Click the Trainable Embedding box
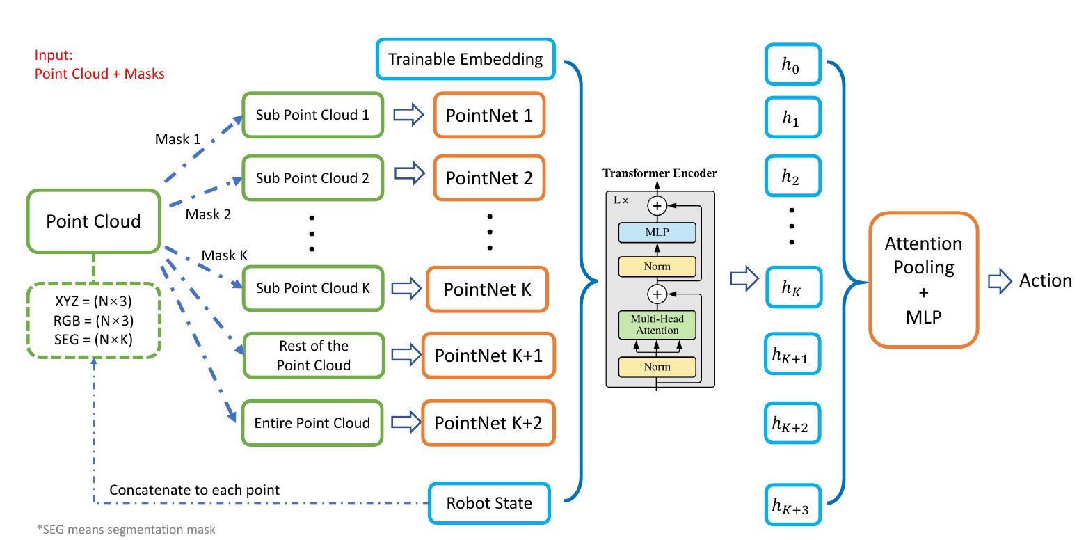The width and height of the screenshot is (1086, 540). pyautogui.click(x=465, y=58)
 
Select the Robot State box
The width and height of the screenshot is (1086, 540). pyautogui.click(x=488, y=502)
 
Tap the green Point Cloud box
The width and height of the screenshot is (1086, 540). pyautogui.click(x=93, y=221)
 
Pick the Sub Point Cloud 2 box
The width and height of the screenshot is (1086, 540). pyautogui.click(x=312, y=177)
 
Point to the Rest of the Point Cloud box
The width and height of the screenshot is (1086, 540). pyautogui.click(x=312, y=355)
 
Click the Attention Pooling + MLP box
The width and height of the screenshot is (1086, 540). pyautogui.click(x=923, y=280)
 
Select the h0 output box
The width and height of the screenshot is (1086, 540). pyautogui.click(x=792, y=65)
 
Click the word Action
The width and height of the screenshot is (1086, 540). pyautogui.click(x=1046, y=280)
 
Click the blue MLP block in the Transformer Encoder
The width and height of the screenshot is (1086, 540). pyautogui.click(x=657, y=232)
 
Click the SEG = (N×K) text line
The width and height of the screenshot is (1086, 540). pyautogui.click(x=94, y=339)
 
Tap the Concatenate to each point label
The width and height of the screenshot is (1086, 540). pyautogui.click(x=195, y=490)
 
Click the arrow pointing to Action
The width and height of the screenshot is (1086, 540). pyautogui.click(x=999, y=281)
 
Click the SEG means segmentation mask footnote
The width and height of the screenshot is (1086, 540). pyautogui.click(x=125, y=530)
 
